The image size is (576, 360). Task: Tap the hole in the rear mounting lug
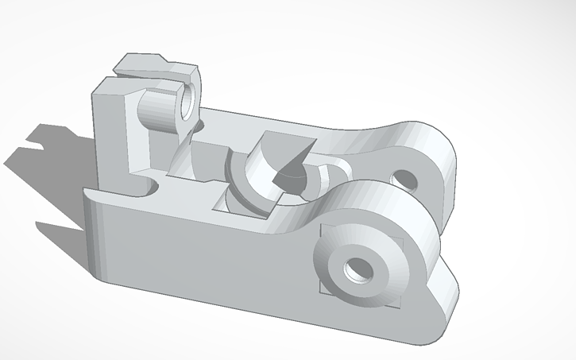point(405,178)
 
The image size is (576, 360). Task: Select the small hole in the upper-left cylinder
point(186,102)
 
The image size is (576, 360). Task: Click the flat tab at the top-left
point(143,64)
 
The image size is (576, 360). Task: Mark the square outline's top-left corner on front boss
point(321,227)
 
